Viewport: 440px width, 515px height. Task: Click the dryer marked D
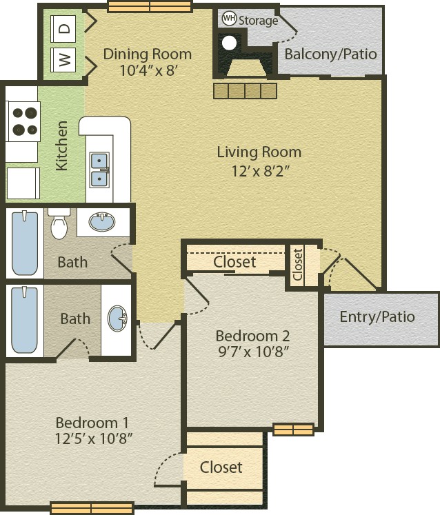tap(63, 28)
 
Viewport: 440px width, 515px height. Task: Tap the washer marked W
tap(63, 60)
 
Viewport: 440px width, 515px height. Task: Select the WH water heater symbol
tap(229, 19)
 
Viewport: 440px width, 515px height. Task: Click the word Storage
tap(259, 21)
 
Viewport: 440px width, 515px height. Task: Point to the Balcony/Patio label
tap(330, 54)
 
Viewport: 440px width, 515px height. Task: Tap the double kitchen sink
tap(99, 170)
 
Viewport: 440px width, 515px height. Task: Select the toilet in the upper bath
tap(59, 223)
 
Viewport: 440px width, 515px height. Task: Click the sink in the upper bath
tap(102, 222)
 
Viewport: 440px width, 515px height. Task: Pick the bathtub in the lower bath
tap(24, 320)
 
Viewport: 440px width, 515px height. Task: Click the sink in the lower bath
tap(117, 319)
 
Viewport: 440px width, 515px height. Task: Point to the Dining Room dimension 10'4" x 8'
tap(149, 70)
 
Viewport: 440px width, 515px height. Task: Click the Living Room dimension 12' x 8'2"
tap(261, 171)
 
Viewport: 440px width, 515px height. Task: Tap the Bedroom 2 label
tap(252, 336)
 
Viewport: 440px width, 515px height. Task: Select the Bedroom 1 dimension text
tap(93, 438)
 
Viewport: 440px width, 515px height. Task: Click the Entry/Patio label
tap(377, 317)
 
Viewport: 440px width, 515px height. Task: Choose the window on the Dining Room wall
tap(150, 7)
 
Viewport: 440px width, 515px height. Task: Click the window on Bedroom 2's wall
tap(293, 430)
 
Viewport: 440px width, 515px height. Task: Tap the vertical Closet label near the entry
tap(298, 265)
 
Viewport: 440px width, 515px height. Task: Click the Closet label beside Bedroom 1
tap(221, 467)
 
